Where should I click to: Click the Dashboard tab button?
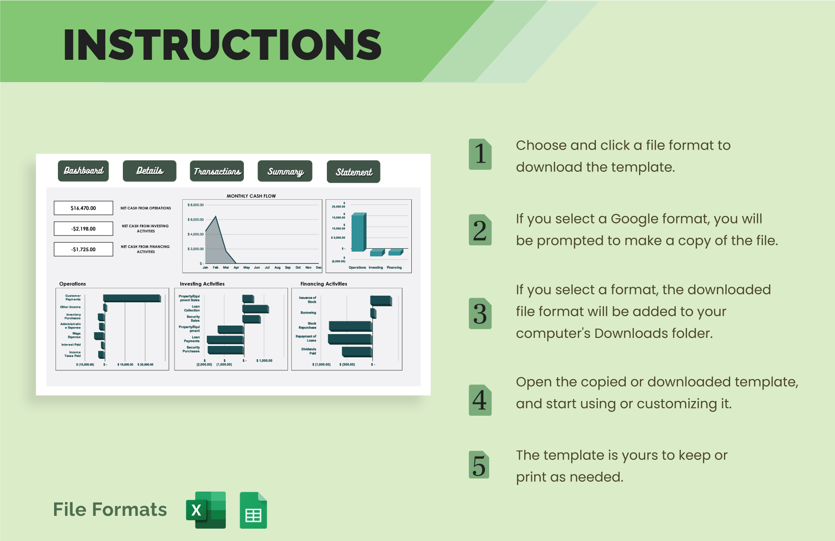click(83, 171)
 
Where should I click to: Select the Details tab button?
click(149, 171)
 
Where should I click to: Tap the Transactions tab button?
click(217, 171)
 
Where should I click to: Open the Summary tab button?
click(285, 171)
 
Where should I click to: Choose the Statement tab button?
click(353, 172)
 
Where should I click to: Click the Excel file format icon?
click(206, 510)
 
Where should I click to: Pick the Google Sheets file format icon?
click(253, 510)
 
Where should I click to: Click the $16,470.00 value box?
click(83, 208)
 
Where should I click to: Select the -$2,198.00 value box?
click(83, 229)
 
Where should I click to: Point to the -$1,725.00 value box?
click(83, 249)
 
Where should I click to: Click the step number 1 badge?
click(480, 154)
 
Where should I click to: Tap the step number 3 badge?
click(480, 314)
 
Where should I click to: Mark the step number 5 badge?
click(479, 465)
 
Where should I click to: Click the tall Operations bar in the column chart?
click(358, 232)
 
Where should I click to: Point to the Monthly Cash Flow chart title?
click(251, 196)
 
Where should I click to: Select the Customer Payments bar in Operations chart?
click(132, 298)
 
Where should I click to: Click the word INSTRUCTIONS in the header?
click(222, 45)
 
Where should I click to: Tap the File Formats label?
click(110, 510)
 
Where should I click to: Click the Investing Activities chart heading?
click(202, 284)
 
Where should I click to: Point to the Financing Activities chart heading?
click(324, 284)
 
